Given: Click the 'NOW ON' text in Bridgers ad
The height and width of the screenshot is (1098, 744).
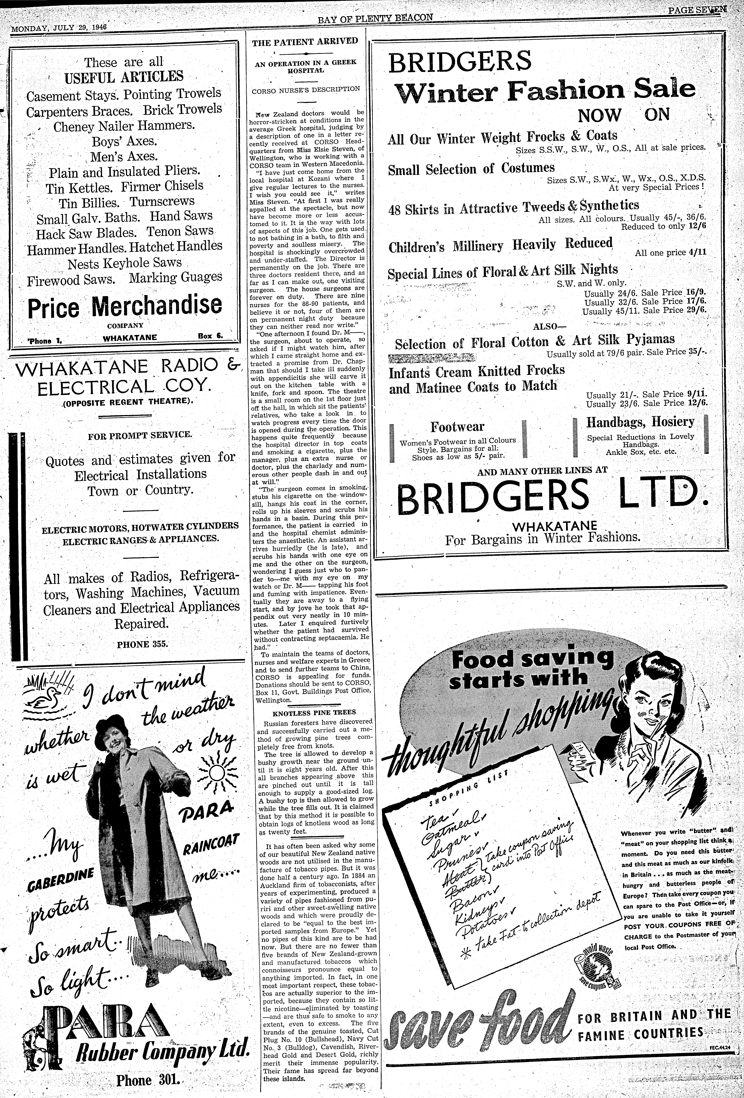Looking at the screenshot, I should point(623,115).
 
